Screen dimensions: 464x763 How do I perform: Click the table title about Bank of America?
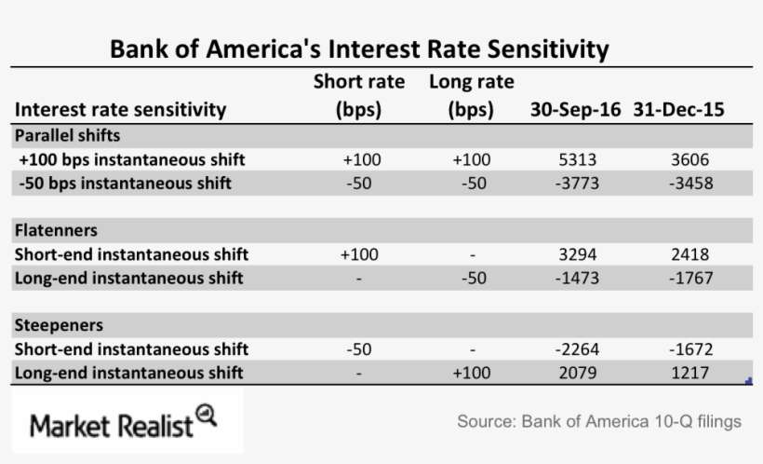pos(359,48)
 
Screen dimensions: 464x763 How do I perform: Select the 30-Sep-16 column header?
pos(575,109)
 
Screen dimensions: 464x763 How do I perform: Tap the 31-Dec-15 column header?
pos(679,109)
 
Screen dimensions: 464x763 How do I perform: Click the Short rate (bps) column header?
pos(358,95)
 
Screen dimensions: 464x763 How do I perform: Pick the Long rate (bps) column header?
pos(471,95)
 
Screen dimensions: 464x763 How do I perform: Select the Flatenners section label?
pos(56,230)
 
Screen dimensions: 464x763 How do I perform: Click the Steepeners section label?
pos(59,325)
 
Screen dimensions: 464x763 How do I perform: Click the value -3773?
pos(574,184)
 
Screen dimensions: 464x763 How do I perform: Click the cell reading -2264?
pos(574,349)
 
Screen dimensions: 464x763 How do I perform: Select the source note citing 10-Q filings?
pos(599,422)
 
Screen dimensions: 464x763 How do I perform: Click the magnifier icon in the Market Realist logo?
pos(207,415)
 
